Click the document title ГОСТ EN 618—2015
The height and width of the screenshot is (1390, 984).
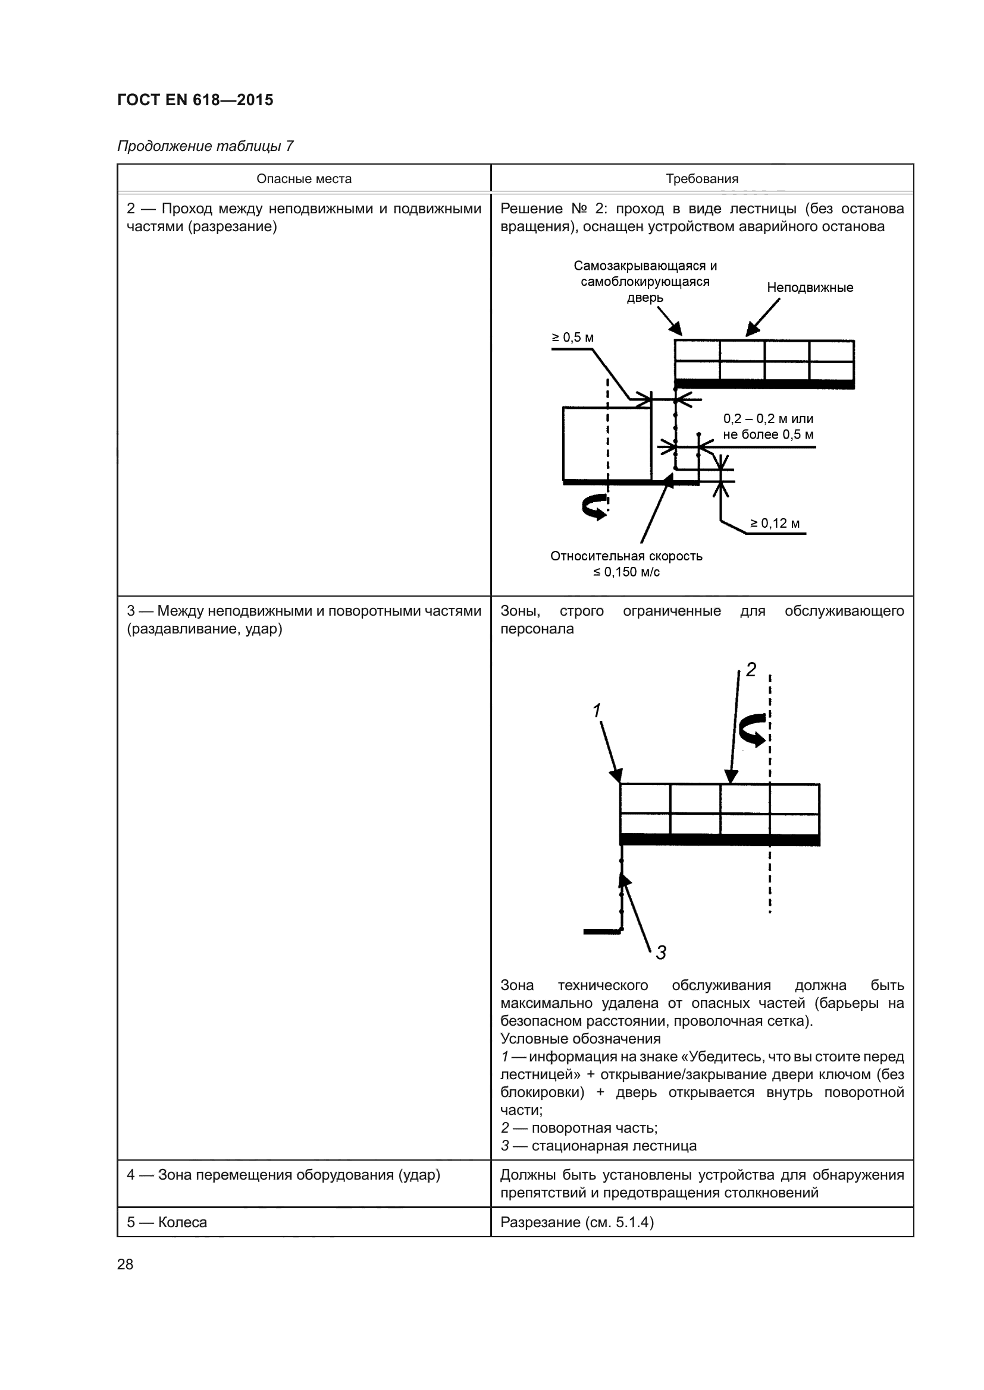(195, 100)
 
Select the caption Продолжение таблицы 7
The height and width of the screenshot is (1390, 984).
(205, 147)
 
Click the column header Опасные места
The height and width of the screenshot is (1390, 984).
(303, 179)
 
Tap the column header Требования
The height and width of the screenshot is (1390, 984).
(701, 179)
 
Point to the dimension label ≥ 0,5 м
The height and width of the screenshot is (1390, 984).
(572, 337)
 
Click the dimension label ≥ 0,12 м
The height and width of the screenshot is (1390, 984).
(775, 523)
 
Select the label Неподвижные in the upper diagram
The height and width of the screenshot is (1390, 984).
(810, 288)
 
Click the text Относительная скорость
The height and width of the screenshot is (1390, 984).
(626, 556)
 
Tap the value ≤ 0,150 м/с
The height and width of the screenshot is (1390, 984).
(626, 572)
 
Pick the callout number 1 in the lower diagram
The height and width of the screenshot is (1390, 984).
(597, 710)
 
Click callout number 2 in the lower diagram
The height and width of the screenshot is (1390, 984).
(751, 670)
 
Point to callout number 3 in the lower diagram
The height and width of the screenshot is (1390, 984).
(660, 952)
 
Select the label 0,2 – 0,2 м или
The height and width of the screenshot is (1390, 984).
(767, 419)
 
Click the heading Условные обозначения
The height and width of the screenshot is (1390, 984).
(580, 1039)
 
